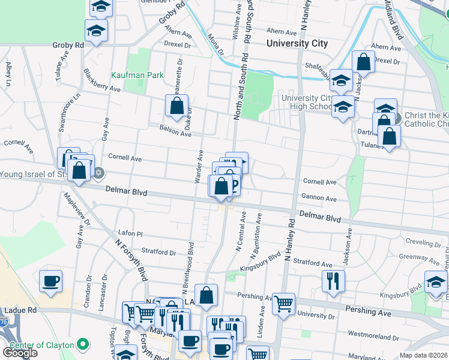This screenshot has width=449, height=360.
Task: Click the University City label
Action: tap(297, 43)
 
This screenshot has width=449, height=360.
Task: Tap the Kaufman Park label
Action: tap(129, 76)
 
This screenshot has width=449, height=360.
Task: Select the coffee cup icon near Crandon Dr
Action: tap(50, 280)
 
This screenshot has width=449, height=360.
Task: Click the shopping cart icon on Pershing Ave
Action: tap(283, 303)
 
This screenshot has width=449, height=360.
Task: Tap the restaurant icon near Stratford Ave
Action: tap(333, 280)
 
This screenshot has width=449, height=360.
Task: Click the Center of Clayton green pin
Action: tap(83, 344)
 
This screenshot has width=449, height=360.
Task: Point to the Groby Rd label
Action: tap(68, 45)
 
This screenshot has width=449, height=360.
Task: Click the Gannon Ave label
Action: tap(319, 197)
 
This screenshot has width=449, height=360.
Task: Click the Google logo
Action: tap(20, 353)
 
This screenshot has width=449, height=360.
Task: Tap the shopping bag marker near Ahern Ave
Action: tap(364, 61)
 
